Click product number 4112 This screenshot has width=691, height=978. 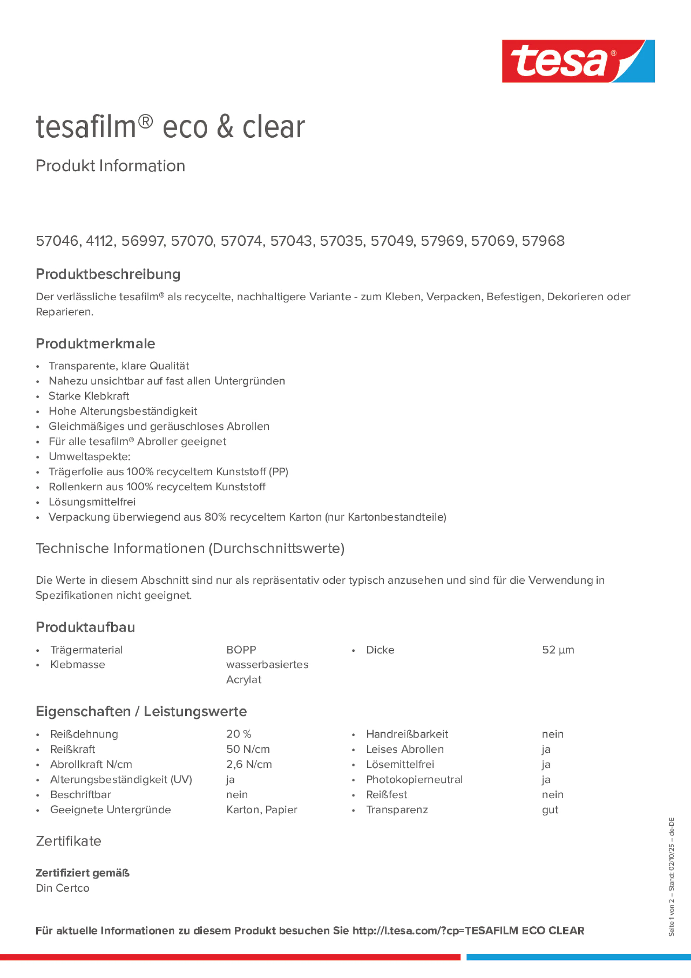tap(99, 241)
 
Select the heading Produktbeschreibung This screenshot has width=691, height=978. tap(108, 274)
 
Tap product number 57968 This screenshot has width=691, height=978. tap(543, 241)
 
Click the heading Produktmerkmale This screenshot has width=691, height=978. tap(96, 343)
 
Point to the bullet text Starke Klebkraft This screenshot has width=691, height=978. tap(89, 396)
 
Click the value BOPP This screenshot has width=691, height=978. tap(241, 650)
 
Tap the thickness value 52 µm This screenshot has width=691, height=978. tap(558, 650)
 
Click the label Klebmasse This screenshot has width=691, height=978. tap(78, 665)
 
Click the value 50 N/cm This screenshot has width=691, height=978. tap(248, 749)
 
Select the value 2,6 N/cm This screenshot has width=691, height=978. tap(249, 764)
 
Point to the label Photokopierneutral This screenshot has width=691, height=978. tap(414, 780)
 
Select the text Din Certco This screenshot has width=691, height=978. tap(63, 888)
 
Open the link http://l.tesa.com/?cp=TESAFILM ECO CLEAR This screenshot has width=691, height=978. tap(468, 931)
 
